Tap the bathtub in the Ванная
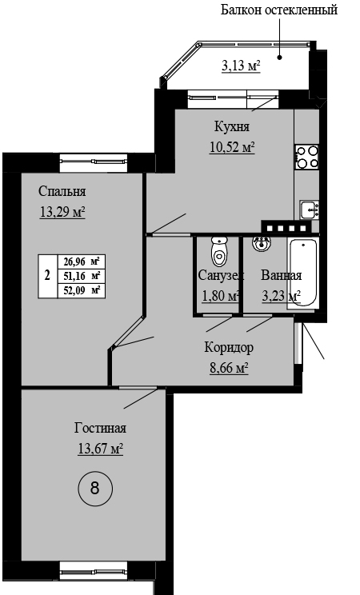(x=302, y=272)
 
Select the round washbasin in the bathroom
(x=262, y=243)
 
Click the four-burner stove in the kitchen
(x=307, y=157)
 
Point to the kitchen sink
(x=310, y=210)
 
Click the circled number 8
(x=95, y=488)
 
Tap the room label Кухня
(x=232, y=126)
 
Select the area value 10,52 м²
(x=232, y=146)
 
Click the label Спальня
(x=62, y=192)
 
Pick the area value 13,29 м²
(x=62, y=212)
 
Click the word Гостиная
(x=100, y=428)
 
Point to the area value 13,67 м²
(x=100, y=449)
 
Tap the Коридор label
(x=229, y=348)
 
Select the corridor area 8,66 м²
(x=229, y=368)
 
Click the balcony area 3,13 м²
(x=241, y=66)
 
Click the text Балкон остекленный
(x=279, y=10)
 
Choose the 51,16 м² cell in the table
(x=82, y=276)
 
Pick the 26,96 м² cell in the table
(x=82, y=262)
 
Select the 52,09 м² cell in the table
(x=82, y=290)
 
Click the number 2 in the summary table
(x=47, y=275)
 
